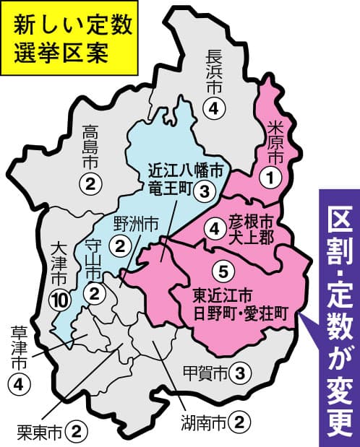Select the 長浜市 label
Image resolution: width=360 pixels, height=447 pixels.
[215, 71]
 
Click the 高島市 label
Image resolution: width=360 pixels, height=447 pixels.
[90, 148]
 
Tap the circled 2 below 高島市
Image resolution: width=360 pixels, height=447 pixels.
[90, 185]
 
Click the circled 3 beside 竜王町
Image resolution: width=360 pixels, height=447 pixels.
[207, 191]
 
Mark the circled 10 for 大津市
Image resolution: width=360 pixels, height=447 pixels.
[59, 299]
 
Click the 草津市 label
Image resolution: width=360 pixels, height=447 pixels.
[19, 347]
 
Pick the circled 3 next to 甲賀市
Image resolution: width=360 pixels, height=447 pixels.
[244, 373]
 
